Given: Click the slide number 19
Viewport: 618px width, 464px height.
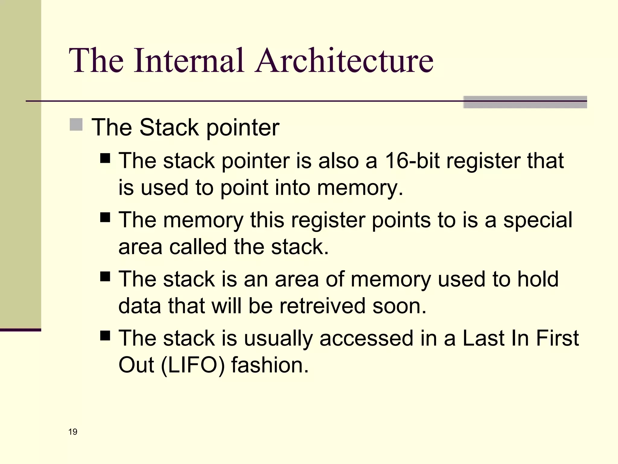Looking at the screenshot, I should (x=73, y=432).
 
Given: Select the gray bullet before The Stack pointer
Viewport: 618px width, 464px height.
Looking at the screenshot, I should (x=76, y=124).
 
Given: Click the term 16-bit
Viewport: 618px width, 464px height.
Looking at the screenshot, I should (x=413, y=160).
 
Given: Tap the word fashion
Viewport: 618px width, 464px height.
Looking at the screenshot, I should (x=270, y=365).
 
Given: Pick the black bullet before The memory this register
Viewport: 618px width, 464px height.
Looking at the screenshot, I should (x=105, y=217).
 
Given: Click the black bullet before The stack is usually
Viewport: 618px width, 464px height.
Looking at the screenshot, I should (x=105, y=335).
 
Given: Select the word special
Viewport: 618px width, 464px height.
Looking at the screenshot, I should (x=537, y=220).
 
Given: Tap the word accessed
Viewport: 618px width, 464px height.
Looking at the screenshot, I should (x=366, y=338).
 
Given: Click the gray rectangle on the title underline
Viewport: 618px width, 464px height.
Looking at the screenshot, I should (x=525, y=102).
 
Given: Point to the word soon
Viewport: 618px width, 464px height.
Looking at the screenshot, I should (x=399, y=306).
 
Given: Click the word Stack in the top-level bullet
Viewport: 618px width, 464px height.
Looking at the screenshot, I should (x=169, y=127).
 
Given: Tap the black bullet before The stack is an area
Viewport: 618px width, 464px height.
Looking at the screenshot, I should (x=105, y=276).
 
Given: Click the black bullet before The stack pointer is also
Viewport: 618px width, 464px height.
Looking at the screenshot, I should (x=105, y=158).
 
